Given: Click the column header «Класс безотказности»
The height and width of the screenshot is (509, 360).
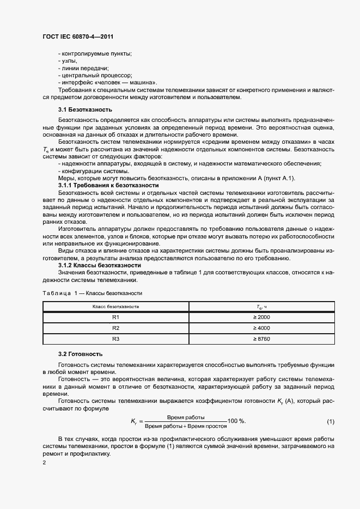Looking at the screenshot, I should click(115, 306).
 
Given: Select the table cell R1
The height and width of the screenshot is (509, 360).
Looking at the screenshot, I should click(115, 317).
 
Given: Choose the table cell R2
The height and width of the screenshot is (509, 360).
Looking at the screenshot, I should click(115, 328).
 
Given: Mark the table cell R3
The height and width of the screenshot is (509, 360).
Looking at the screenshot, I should click(115, 339).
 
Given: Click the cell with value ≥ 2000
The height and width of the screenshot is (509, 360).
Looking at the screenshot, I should click(261, 317).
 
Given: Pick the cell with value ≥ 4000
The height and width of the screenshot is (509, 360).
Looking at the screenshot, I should click(261, 328).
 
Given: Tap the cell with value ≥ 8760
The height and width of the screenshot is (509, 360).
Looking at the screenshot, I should click(261, 339).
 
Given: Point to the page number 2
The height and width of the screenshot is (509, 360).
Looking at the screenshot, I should click(44, 462).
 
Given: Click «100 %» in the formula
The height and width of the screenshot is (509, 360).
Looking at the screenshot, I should click(236, 421).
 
